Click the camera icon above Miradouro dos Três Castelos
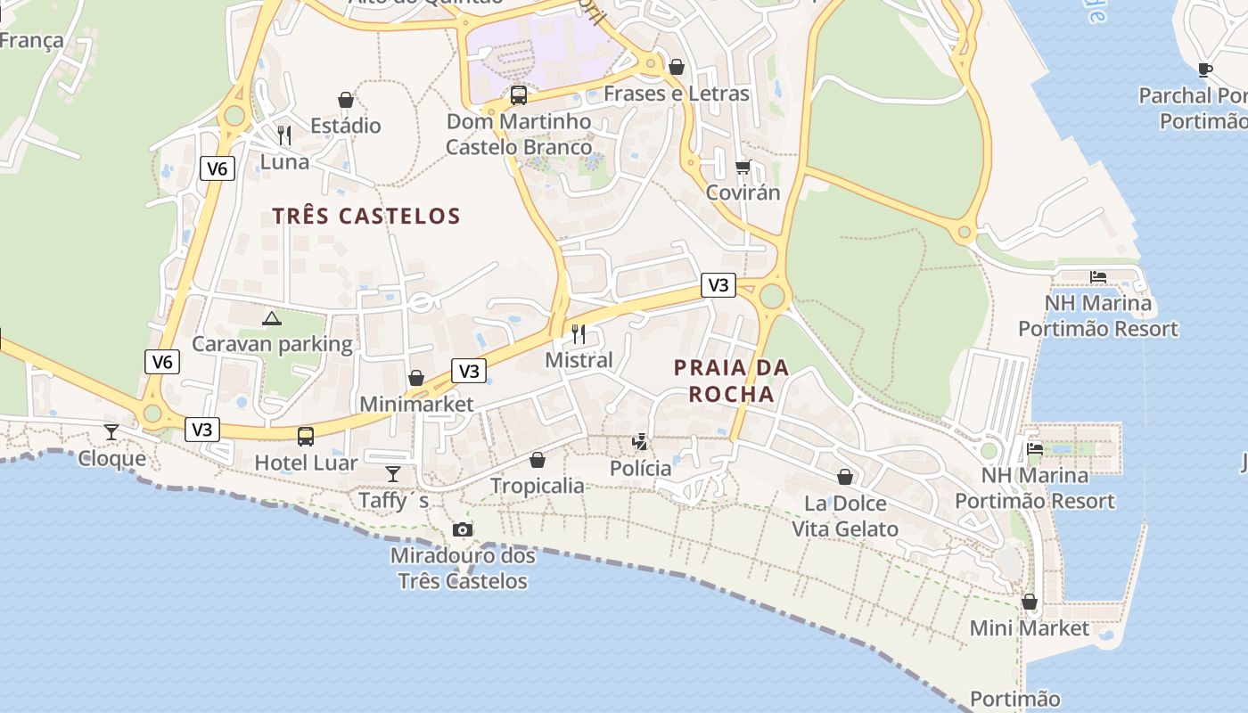pos(462,530)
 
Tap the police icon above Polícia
pos(639,442)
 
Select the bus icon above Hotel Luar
pos(306,436)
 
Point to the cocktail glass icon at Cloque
pos(111,432)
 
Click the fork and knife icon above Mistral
pos(579,334)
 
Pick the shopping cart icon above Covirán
pos(743,167)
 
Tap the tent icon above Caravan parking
pos(272,318)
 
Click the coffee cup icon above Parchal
pos(1205,70)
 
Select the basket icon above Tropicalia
pos(538,460)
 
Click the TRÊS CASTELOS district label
pos(366,216)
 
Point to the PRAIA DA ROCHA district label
pos(731,381)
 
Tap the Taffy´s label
pos(393,501)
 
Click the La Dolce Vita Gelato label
pos(845,516)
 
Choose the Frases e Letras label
pos(677,94)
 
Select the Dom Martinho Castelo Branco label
pos(519,134)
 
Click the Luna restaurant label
pos(284,161)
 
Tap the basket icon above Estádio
pos(346,100)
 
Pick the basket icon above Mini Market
pos(1030,602)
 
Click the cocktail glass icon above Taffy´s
pos(393,473)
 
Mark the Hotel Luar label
pos(306,463)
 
